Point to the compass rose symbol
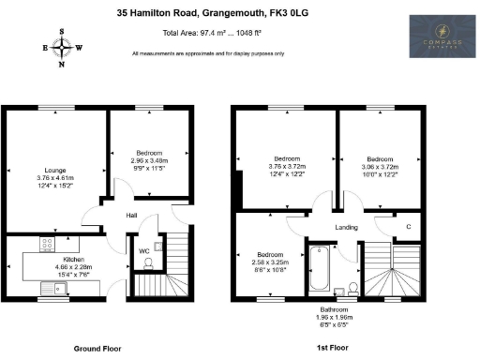[63, 48]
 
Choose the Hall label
[134, 216]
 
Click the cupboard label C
[408, 227]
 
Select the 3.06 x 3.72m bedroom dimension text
[380, 167]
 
